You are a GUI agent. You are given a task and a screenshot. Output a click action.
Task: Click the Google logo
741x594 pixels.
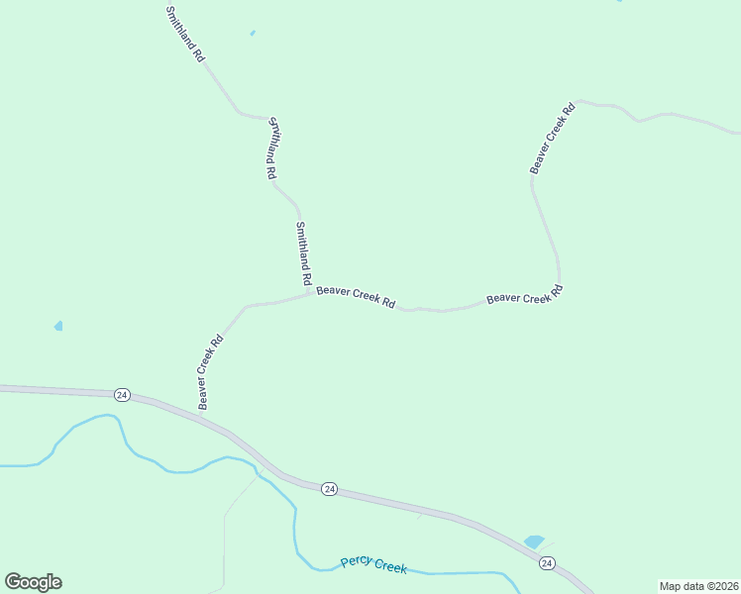click(x=33, y=581)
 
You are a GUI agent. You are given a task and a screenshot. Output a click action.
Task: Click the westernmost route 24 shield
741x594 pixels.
click(x=122, y=394)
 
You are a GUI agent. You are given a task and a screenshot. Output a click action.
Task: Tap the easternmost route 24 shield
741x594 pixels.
click(x=547, y=562)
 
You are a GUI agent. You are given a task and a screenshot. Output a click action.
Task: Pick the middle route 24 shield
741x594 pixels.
click(x=330, y=489)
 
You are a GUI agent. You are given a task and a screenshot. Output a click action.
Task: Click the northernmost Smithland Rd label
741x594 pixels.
click(x=184, y=34)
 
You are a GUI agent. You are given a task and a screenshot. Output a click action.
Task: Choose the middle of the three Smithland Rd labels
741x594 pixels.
click(x=270, y=148)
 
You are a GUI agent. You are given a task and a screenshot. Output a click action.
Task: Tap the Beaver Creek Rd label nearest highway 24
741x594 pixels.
click(x=210, y=372)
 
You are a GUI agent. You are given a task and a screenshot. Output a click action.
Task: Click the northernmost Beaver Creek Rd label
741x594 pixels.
click(x=552, y=139)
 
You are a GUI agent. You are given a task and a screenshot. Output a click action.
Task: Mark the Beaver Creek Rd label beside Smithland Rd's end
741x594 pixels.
click(x=356, y=297)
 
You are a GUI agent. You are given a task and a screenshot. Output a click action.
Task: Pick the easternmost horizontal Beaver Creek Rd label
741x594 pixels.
click(x=524, y=295)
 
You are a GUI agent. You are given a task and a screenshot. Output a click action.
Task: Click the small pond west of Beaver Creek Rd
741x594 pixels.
click(x=58, y=326)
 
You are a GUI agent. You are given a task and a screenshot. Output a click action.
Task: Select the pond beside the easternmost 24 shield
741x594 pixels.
click(x=534, y=542)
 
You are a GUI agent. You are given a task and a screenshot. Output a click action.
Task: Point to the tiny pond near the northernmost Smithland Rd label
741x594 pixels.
click(x=253, y=33)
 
